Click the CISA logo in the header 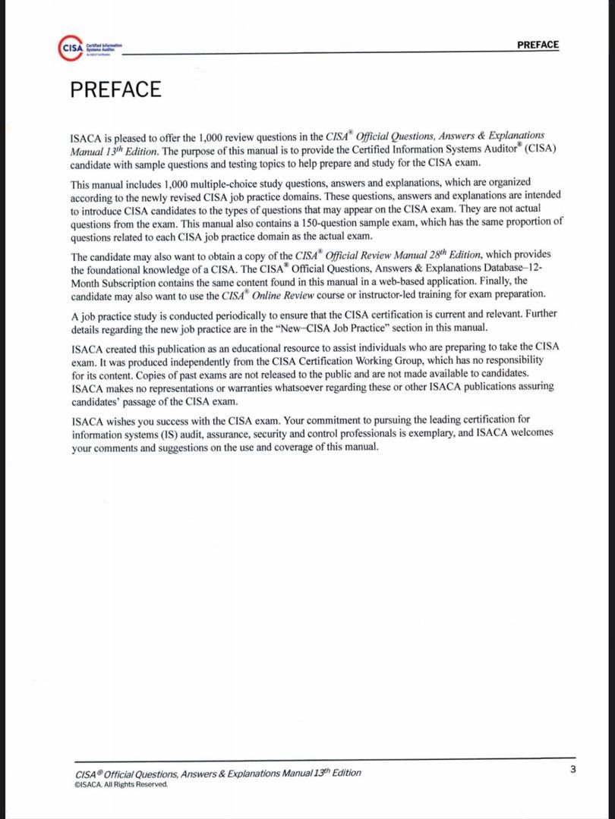(x=71, y=47)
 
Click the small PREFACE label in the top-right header (x=538, y=45)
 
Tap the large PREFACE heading (x=115, y=89)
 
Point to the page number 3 (x=572, y=770)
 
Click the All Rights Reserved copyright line (x=121, y=784)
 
